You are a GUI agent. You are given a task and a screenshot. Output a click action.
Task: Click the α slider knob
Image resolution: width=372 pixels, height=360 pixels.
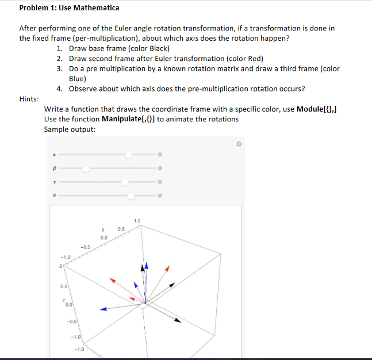[x=129, y=155]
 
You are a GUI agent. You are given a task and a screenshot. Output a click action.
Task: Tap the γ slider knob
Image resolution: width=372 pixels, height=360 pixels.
[x=125, y=182]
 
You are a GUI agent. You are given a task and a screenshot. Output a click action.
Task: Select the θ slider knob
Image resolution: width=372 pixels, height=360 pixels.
[x=132, y=196]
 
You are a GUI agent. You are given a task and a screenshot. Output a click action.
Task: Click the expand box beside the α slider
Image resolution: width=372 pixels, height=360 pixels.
[x=160, y=155]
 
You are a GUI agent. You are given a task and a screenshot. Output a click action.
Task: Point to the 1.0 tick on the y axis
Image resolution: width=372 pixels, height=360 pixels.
[x=136, y=221]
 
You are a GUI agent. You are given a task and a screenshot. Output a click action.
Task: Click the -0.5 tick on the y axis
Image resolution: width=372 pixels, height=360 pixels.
[x=85, y=247]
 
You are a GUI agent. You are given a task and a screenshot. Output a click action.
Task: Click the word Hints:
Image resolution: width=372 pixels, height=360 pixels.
[x=29, y=99]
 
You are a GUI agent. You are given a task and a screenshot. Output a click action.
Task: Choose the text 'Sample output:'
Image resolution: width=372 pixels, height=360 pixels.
[x=70, y=129]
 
